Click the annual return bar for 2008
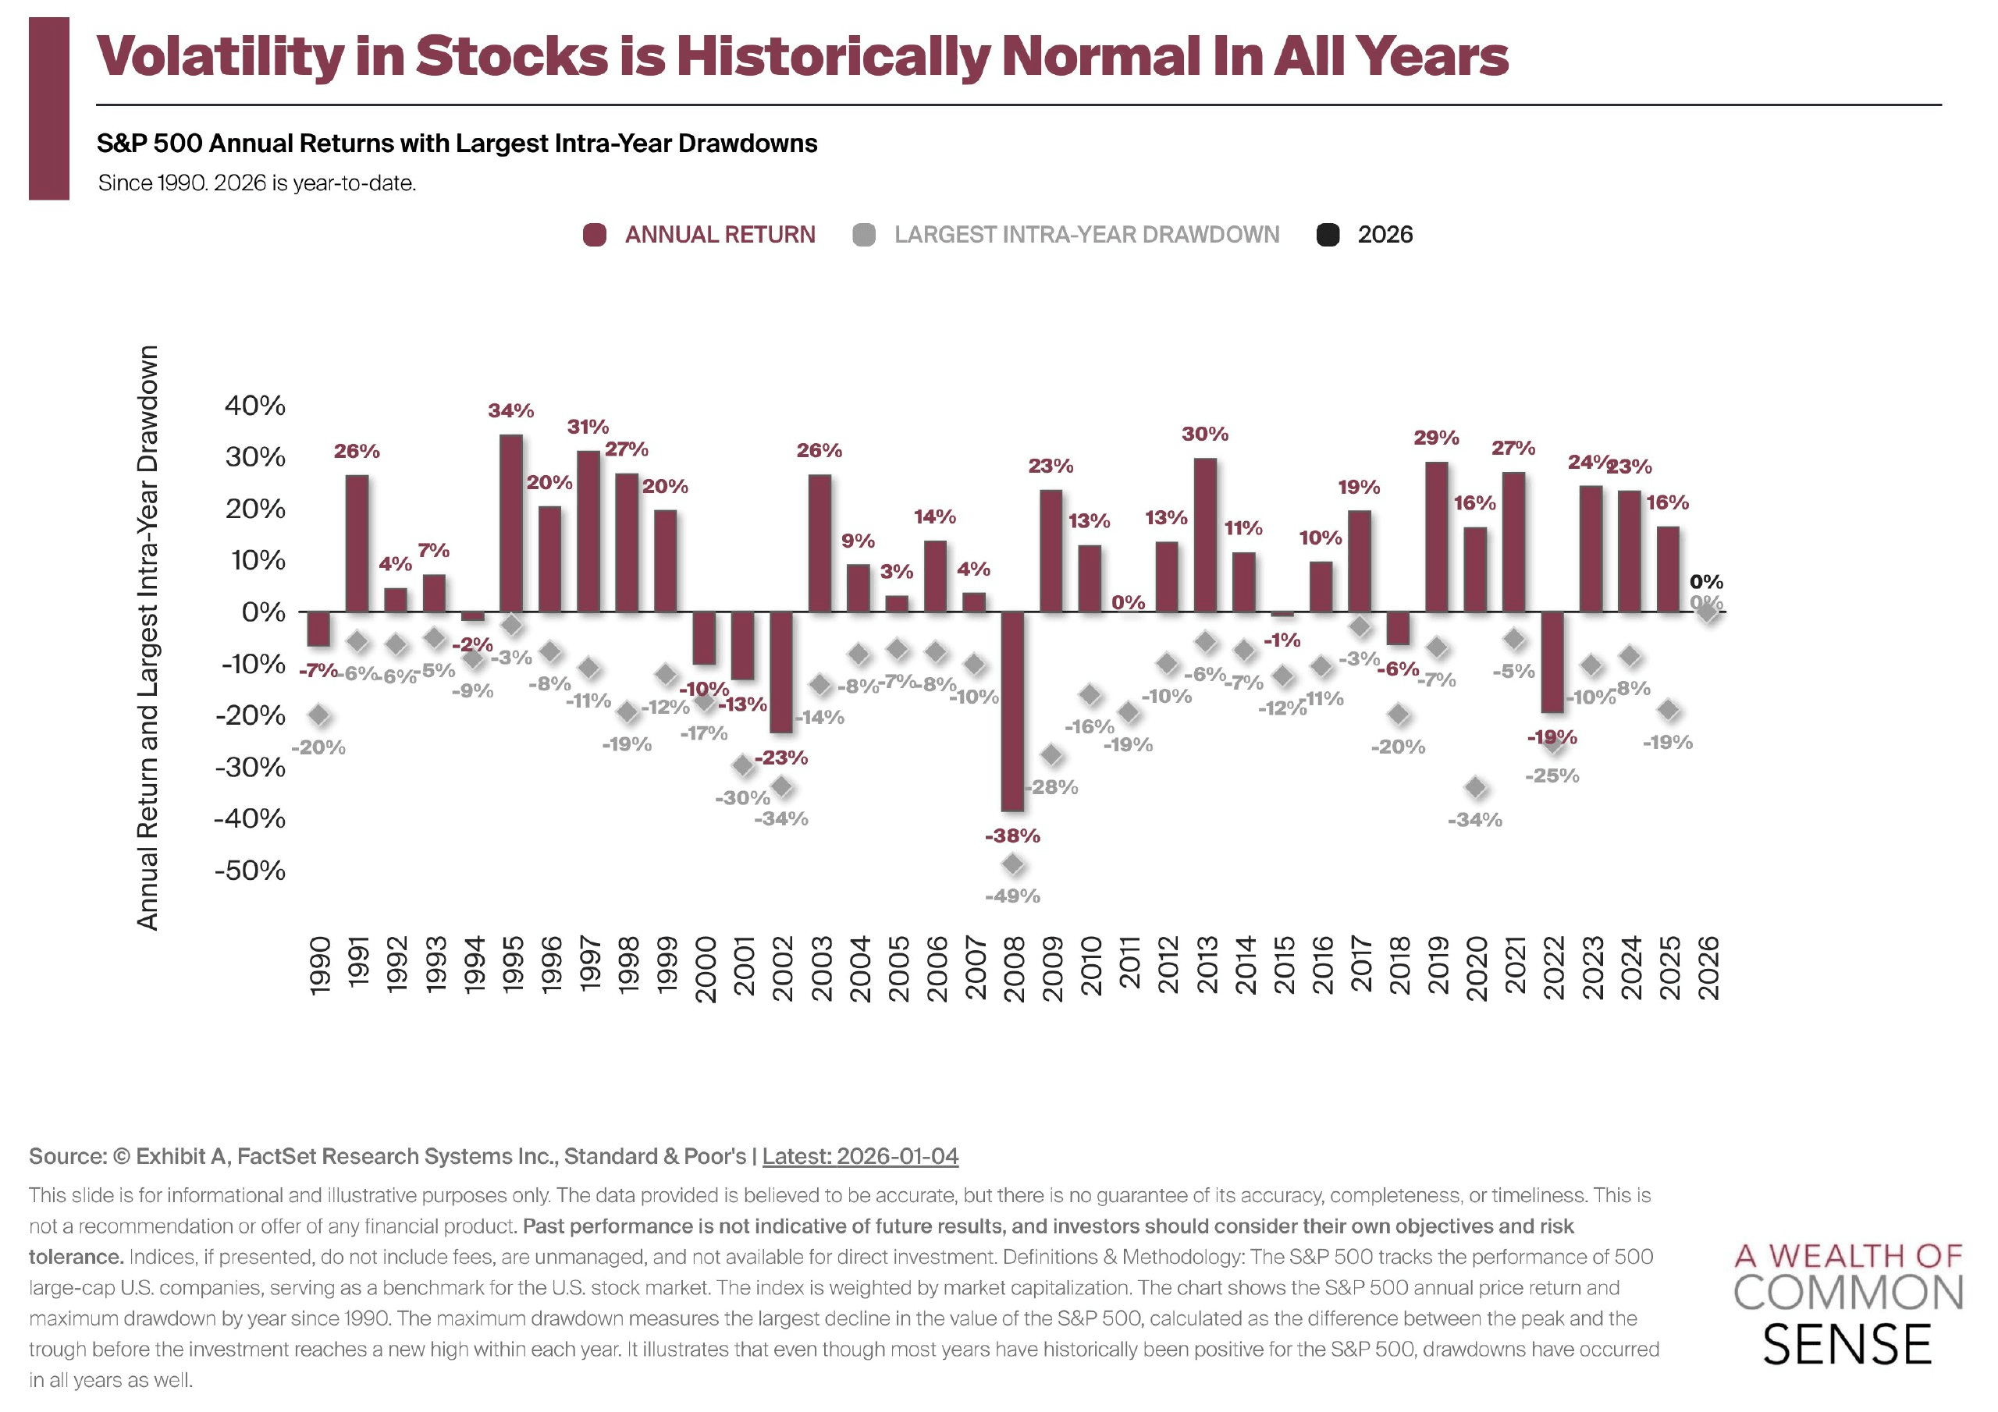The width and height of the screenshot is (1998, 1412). (1012, 711)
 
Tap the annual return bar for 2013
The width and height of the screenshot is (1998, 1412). (1205, 535)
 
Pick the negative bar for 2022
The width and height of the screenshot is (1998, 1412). (1552, 662)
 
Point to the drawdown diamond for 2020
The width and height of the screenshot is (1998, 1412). (1475, 788)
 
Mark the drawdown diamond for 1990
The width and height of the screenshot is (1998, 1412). (319, 716)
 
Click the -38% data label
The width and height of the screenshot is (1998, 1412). (1012, 836)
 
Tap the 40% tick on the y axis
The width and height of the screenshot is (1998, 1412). (255, 406)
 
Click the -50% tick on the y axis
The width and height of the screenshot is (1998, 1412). (250, 871)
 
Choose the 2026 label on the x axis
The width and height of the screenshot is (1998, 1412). (1708, 968)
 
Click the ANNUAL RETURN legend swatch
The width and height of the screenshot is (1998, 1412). (595, 235)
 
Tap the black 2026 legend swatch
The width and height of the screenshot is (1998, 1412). (1328, 235)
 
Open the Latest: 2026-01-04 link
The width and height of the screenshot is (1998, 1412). (860, 1156)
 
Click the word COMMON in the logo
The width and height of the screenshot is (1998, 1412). (1848, 1293)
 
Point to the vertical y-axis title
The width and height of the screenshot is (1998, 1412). (148, 637)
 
